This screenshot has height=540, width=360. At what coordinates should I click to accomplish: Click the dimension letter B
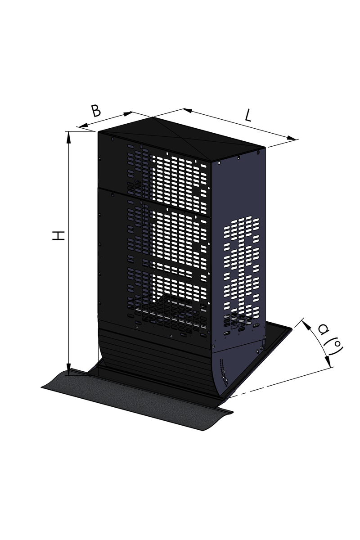click(96, 111)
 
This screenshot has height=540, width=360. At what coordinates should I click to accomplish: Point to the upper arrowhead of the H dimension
click(69, 137)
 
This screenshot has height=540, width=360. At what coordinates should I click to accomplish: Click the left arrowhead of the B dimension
click(82, 126)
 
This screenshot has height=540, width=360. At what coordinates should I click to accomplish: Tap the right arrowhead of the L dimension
click(291, 138)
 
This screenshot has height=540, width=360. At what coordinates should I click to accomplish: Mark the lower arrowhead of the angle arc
click(328, 361)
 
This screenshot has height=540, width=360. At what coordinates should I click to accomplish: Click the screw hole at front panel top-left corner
click(112, 139)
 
